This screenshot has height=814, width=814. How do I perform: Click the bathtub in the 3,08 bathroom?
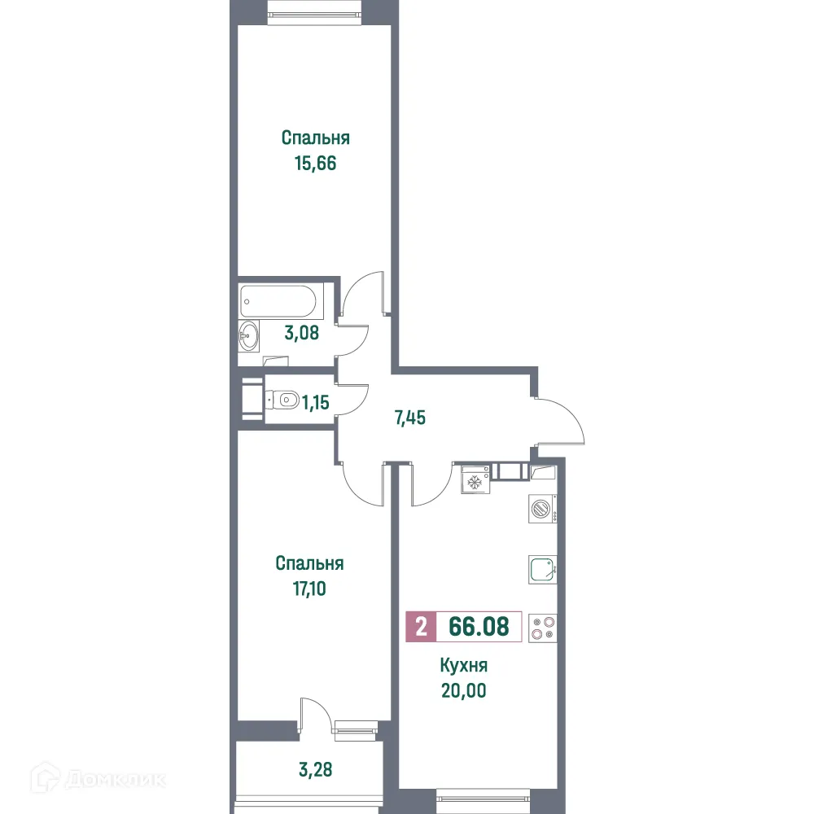coord(281,302)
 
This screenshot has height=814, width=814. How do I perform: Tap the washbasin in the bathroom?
coord(249,334)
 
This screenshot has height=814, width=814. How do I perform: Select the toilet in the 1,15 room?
coord(282,400)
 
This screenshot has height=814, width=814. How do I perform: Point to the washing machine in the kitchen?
coord(540,510)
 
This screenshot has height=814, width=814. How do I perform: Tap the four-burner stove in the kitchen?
coord(541,627)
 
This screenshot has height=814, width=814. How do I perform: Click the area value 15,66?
coord(316,163)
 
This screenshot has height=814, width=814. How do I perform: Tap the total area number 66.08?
coord(479,627)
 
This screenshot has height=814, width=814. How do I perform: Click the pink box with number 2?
coord(421,627)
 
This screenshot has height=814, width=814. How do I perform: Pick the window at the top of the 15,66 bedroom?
coord(314,11)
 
